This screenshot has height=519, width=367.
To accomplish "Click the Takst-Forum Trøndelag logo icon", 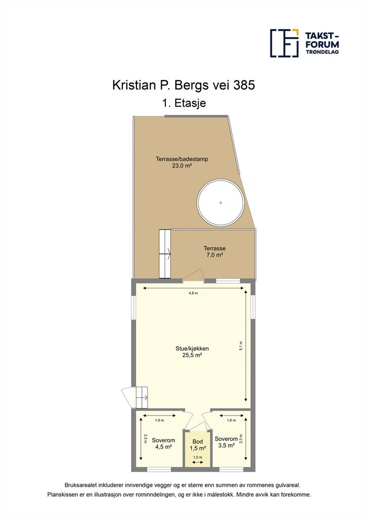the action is pyautogui.click(x=284, y=43).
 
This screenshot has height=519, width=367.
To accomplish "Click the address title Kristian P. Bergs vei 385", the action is pyautogui.click(x=183, y=85).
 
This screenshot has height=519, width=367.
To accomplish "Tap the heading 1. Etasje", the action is pyautogui.click(x=184, y=103).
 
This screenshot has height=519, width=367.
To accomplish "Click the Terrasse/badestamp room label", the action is pyautogui.click(x=182, y=159).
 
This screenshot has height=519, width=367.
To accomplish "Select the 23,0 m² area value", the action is pyautogui.click(x=182, y=166).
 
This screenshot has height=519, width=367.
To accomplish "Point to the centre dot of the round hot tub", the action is pyautogui.click(x=221, y=203).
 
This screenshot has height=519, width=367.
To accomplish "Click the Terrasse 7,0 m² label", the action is pyautogui.click(x=214, y=251).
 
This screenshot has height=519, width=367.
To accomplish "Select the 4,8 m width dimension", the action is pyautogui.click(x=193, y=293).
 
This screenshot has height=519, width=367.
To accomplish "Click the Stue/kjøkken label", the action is pyautogui.click(x=192, y=348).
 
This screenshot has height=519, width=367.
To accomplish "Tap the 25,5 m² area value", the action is pyautogui.click(x=192, y=355).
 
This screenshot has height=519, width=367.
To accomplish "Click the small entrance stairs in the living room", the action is pyautogui.click(x=141, y=397).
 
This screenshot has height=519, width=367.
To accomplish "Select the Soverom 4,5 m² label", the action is pyautogui.click(x=163, y=443).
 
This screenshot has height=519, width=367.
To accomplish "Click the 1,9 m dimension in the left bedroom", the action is pyautogui.click(x=160, y=420).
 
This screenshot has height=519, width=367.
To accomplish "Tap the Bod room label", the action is pyautogui.click(x=198, y=441).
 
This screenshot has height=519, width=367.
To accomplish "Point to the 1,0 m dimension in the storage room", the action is pyautogui.click(x=198, y=457).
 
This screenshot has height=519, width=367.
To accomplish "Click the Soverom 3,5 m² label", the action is pyautogui.click(x=226, y=442).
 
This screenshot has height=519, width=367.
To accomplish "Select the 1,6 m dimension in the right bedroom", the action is pyautogui.click(x=231, y=420).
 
